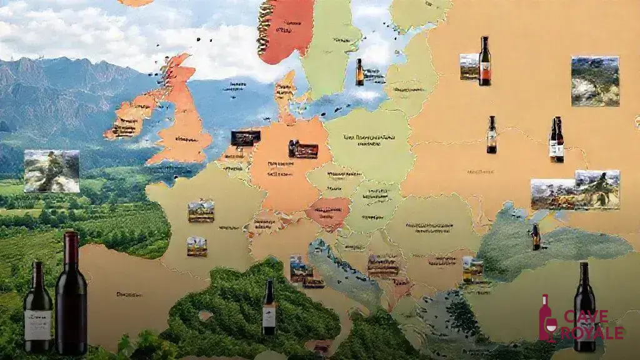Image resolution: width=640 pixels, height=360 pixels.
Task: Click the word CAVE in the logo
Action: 587,317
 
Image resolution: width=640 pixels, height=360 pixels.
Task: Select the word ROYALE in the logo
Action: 591,332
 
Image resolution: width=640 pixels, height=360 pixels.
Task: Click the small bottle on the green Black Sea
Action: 536,237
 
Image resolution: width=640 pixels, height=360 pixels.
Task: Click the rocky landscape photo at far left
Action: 52,171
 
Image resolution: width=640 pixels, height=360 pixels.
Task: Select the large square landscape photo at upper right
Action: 594,81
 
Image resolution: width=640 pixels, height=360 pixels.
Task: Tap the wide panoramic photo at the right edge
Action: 575,189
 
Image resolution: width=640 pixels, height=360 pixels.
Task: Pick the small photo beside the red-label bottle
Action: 469,66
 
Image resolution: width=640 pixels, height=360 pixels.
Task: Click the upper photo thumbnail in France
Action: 201,211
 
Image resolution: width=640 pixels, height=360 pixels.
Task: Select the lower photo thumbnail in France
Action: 197,246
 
